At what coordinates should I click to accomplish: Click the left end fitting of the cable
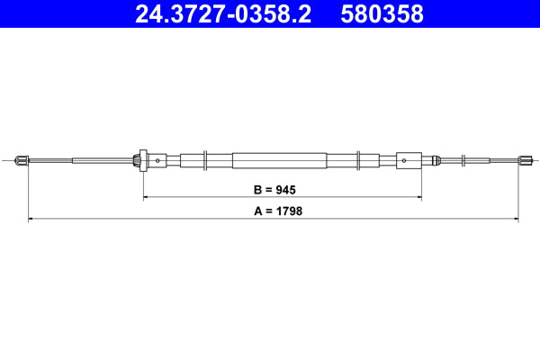click(x=23, y=161)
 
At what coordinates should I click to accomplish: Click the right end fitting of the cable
click(x=523, y=161)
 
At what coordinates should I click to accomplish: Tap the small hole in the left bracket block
click(x=157, y=161)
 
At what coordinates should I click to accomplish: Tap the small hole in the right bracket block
click(x=403, y=161)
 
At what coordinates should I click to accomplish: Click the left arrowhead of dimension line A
click(x=31, y=218)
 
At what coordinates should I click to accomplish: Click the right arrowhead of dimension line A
click(x=516, y=218)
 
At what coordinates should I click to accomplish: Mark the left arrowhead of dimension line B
click(x=146, y=196)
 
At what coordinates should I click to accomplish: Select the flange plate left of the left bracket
click(x=139, y=161)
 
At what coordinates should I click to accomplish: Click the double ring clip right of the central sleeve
click(x=359, y=161)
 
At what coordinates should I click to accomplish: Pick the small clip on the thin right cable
click(x=464, y=161)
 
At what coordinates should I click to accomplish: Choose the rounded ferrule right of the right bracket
click(x=435, y=161)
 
